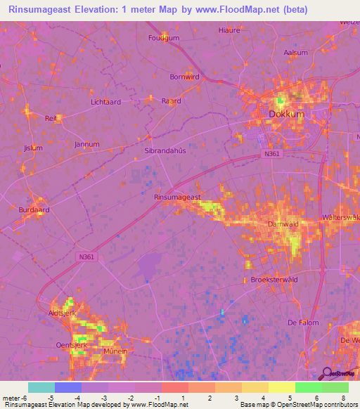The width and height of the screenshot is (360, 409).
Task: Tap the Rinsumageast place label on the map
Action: tap(177, 197)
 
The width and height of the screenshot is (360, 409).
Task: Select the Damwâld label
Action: tap(283, 225)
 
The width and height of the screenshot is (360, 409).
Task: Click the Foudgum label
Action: tap(163, 38)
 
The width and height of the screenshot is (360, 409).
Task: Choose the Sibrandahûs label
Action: tap(164, 150)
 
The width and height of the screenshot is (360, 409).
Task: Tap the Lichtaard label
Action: tap(106, 102)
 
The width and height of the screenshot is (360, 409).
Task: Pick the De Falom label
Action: tap(303, 323)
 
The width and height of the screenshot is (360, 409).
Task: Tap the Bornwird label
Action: tap(184, 77)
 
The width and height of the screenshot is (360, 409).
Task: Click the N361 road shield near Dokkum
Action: tap(273, 153)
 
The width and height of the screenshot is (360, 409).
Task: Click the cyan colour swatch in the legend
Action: tap(41, 387)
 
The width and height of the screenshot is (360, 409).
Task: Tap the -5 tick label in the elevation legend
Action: tap(50, 398)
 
